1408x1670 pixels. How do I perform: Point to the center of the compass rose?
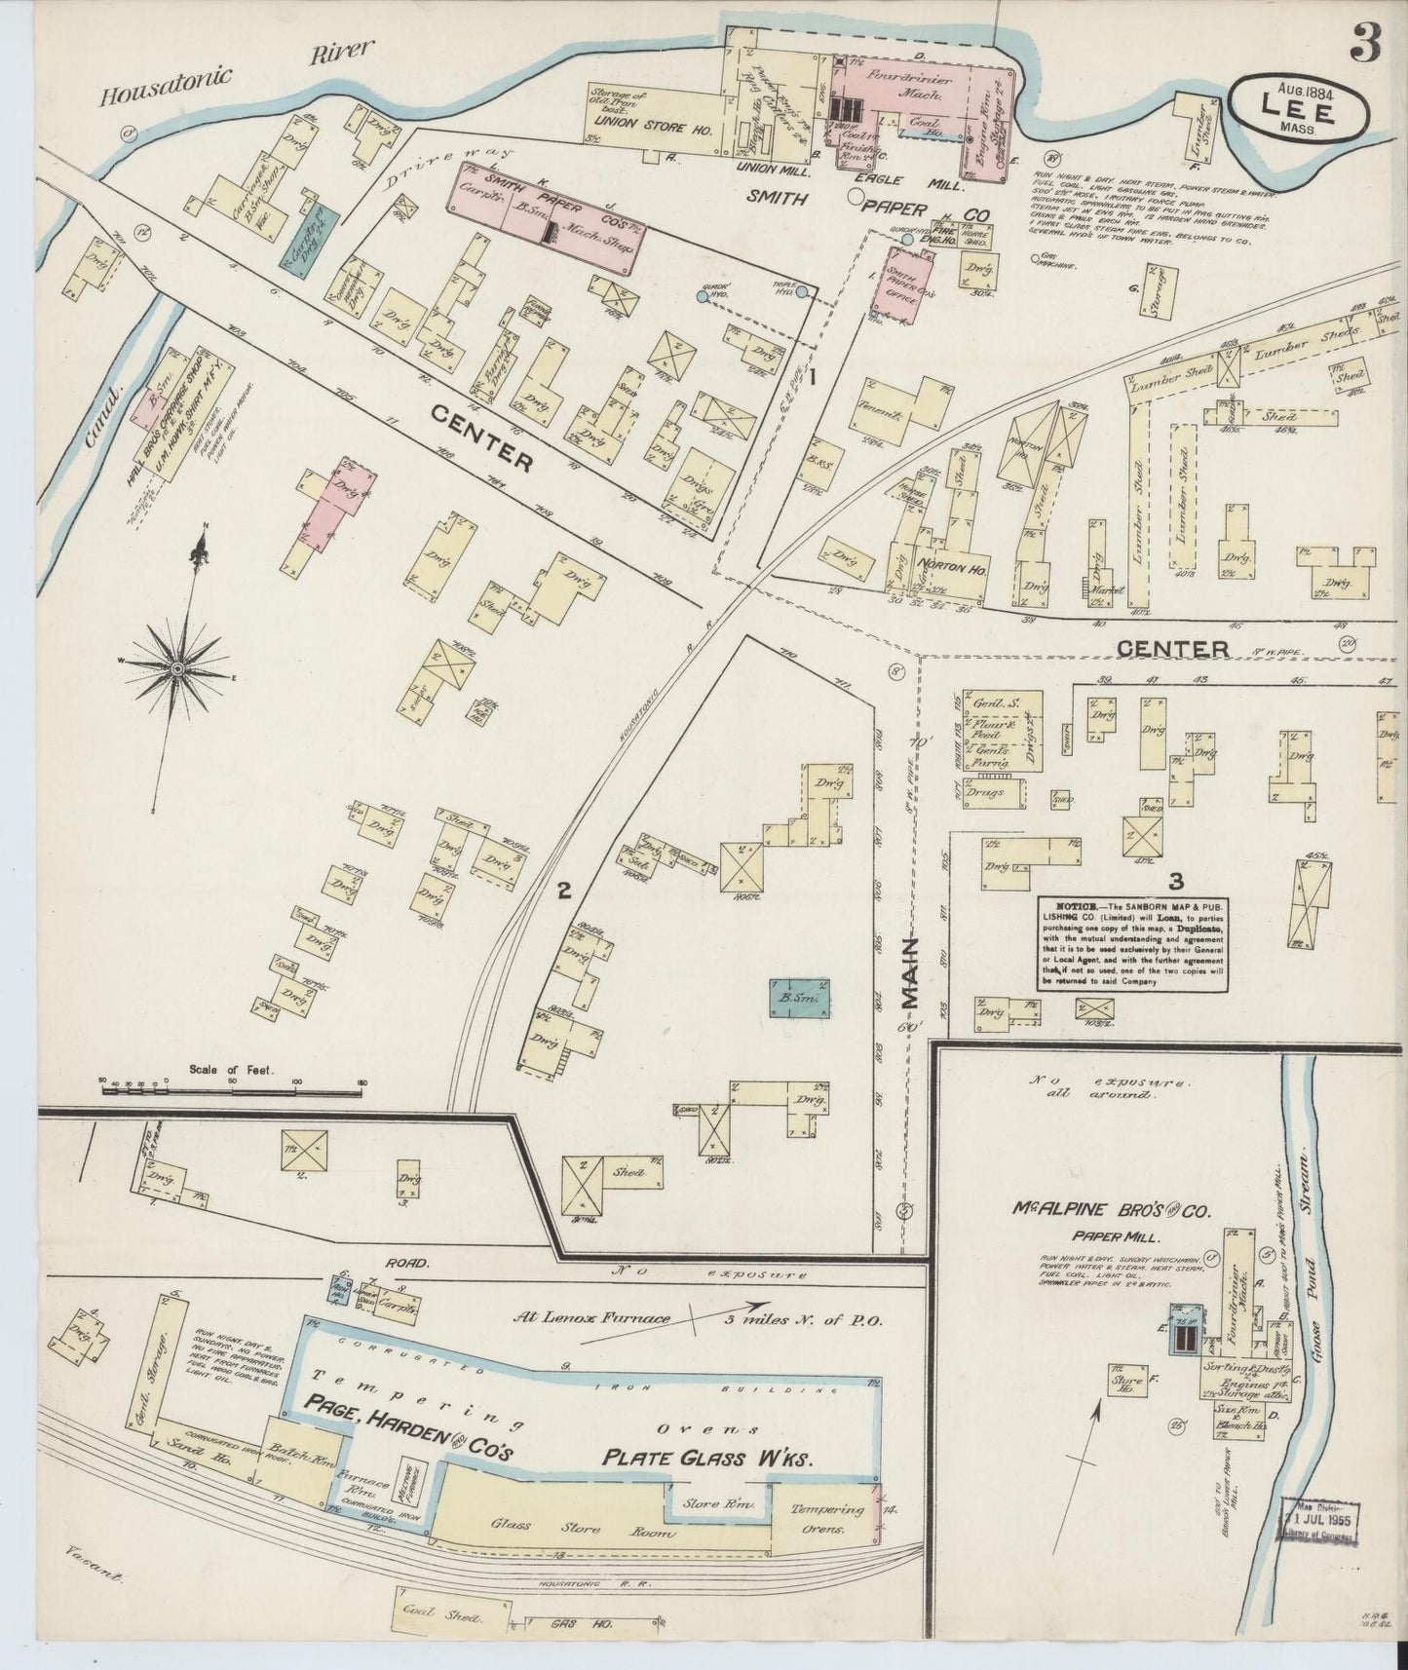click(x=177, y=670)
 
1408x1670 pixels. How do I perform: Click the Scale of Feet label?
click(x=234, y=1069)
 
